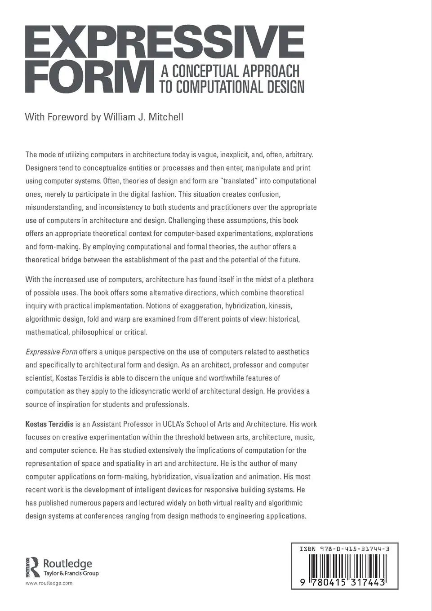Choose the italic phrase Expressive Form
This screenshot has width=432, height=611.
[51, 352]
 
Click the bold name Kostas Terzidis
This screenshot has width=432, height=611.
[49, 424]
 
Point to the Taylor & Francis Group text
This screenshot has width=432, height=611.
[71, 573]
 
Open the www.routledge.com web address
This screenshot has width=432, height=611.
[49, 583]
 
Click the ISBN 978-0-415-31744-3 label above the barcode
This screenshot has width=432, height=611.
[344, 549]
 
